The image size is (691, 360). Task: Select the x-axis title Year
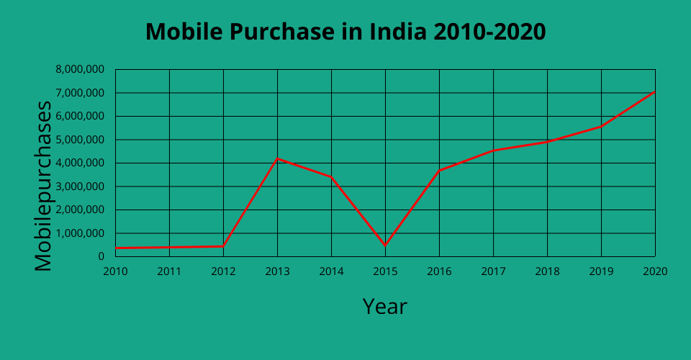pos(384,306)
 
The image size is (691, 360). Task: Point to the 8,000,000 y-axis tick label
pos(80,69)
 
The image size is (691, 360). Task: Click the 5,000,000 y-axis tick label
pos(80,140)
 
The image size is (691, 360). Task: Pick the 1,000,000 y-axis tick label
pos(80,233)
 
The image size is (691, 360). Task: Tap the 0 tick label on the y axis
pos(101,256)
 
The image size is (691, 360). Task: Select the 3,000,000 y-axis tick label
pos(80,186)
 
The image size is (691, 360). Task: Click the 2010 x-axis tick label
pos(115,271)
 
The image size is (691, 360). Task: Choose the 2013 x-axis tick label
pos(277,271)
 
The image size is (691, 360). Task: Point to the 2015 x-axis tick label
pos(385,271)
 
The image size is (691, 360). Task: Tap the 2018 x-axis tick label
pos(547,271)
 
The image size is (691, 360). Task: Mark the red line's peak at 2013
pos(277,158)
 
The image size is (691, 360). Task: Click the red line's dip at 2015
pos(385,246)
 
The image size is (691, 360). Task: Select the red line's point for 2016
pos(439,170)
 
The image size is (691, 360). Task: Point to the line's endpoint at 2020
pos(654,92)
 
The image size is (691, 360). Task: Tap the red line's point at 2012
pos(223,246)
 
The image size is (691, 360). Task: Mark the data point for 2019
pos(601,127)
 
